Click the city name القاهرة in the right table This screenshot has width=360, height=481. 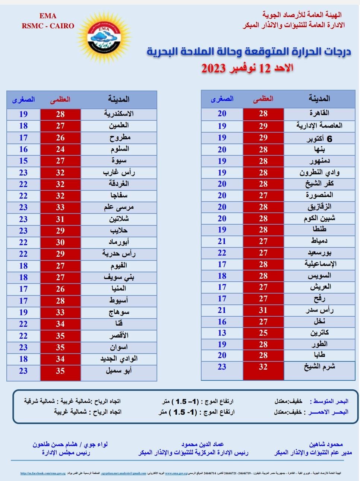[x=319, y=113]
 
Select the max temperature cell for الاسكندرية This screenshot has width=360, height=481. [x=60, y=114]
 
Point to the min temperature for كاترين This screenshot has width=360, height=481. [x=222, y=333]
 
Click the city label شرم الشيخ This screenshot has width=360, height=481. [x=319, y=367]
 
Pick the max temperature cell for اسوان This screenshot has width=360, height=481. [x=60, y=348]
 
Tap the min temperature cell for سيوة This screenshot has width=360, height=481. [x=23, y=161]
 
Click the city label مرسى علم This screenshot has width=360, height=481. [x=119, y=208]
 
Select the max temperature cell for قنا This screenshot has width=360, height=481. [x=60, y=324]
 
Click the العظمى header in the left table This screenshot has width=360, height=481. [x=60, y=100]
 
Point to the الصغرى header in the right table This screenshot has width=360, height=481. [x=222, y=99]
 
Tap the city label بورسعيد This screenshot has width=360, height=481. [x=319, y=253]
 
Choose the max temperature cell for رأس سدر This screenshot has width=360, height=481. [x=263, y=310]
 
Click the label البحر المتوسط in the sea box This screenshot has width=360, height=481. [x=331, y=401]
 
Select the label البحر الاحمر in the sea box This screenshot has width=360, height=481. [x=329, y=412]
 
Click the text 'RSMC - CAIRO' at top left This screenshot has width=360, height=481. [x=48, y=26]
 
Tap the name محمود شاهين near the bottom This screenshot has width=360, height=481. [x=326, y=444]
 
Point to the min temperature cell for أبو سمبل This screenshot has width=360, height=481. [x=23, y=371]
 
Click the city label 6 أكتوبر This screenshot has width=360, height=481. [x=319, y=139]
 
